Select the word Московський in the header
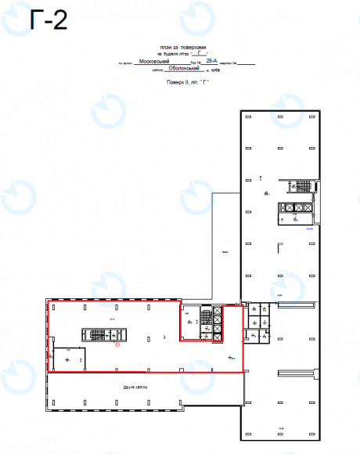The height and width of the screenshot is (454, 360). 153,60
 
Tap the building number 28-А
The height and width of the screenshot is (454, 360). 211,59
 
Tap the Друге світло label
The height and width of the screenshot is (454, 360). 135,387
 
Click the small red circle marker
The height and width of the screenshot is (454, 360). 117,343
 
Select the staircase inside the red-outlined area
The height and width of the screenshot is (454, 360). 95,335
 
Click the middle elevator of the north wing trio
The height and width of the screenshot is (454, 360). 291,207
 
